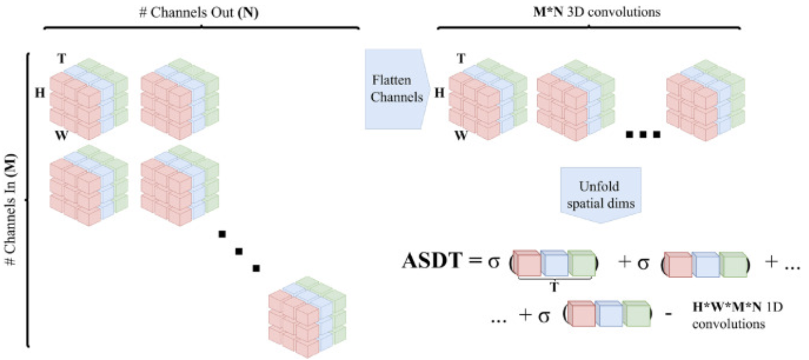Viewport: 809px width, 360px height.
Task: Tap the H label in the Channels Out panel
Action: pyautogui.click(x=40, y=94)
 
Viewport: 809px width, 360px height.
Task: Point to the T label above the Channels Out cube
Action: pyautogui.click(x=61, y=58)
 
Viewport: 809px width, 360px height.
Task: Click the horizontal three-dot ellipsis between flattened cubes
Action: pyautogui.click(x=642, y=134)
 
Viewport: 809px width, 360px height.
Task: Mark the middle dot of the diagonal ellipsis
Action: pyautogui.click(x=239, y=251)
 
